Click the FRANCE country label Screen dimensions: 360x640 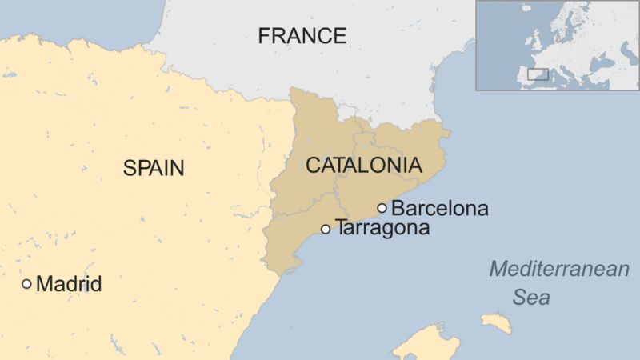[x=302, y=36]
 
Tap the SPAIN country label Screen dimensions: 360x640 [x=154, y=168]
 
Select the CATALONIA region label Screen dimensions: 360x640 [x=363, y=166]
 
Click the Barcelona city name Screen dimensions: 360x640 [x=440, y=209]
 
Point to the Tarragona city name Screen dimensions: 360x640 [x=382, y=228]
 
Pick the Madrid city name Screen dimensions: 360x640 [x=70, y=284]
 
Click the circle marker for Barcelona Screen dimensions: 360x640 [x=382, y=208]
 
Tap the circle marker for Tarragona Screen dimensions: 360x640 [x=326, y=229]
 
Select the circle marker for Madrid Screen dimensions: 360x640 [x=27, y=283]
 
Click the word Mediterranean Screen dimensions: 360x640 [x=559, y=270]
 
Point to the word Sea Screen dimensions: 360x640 [x=531, y=298]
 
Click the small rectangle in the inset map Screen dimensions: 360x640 [x=537, y=74]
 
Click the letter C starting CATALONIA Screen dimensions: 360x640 [x=313, y=166]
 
